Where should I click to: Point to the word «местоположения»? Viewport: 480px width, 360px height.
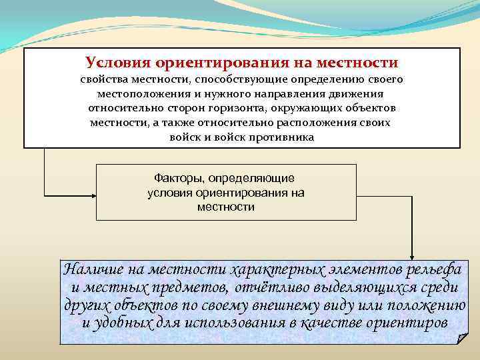point(139,94)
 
